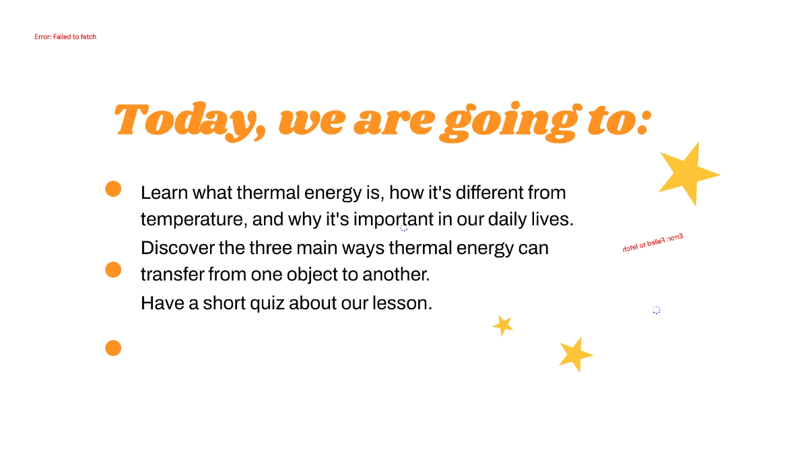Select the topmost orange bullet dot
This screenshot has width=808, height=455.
(x=113, y=189)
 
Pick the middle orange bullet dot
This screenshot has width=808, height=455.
(x=113, y=270)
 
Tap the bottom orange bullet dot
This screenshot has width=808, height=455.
(x=113, y=348)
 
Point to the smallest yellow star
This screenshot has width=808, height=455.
(x=503, y=325)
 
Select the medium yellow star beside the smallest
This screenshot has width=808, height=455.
(x=574, y=355)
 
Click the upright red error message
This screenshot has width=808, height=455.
(x=65, y=36)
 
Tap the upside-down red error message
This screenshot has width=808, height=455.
(x=652, y=243)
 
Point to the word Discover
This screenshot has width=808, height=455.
(x=177, y=248)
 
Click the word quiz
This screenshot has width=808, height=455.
(x=267, y=303)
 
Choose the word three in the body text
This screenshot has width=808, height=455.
(x=270, y=248)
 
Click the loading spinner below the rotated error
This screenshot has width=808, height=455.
(x=656, y=310)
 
